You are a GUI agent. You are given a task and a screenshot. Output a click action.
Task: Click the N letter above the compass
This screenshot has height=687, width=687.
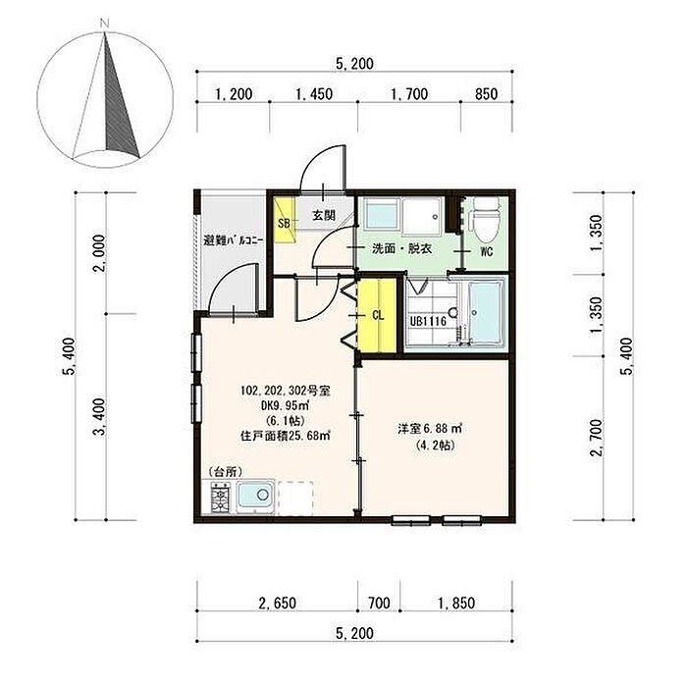pos(104,24)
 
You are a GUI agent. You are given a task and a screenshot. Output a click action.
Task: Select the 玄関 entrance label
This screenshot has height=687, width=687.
pos(324,215)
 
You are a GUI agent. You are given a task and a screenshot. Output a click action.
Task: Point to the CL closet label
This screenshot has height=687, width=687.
pos(378,315)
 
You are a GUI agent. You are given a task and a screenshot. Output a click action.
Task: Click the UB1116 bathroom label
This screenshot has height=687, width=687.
pos(428,322)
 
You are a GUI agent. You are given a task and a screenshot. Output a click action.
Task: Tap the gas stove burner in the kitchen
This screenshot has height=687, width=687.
pos(220,498)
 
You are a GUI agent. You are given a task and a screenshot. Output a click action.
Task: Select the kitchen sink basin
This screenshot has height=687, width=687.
pos(256,497)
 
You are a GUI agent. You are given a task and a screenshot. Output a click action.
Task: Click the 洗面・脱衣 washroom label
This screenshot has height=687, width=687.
pos(401,249)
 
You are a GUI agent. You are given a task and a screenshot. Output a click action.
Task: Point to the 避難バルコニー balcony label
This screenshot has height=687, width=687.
pos(234,240)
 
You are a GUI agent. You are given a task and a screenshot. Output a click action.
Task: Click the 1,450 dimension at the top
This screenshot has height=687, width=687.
pos(314,94)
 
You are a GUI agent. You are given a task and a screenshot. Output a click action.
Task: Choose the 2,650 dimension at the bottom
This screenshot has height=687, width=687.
pos(277,603)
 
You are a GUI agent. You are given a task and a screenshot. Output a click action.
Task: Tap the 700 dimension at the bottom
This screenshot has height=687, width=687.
pos(379,603)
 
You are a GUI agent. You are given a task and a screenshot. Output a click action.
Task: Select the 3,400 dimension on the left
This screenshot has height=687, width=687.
pos(100,417)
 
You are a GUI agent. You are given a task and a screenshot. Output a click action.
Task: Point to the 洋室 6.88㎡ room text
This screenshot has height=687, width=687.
pos(430,429)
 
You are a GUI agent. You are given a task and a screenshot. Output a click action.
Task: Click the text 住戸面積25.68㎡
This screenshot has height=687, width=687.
pos(286,436)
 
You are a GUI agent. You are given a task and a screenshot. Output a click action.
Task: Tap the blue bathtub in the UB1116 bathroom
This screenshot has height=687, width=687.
pos(485,311)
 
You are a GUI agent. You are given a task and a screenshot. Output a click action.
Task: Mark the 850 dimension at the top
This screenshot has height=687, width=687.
pos(487,94)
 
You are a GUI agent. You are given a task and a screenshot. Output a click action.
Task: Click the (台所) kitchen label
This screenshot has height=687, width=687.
pos(225,471)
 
